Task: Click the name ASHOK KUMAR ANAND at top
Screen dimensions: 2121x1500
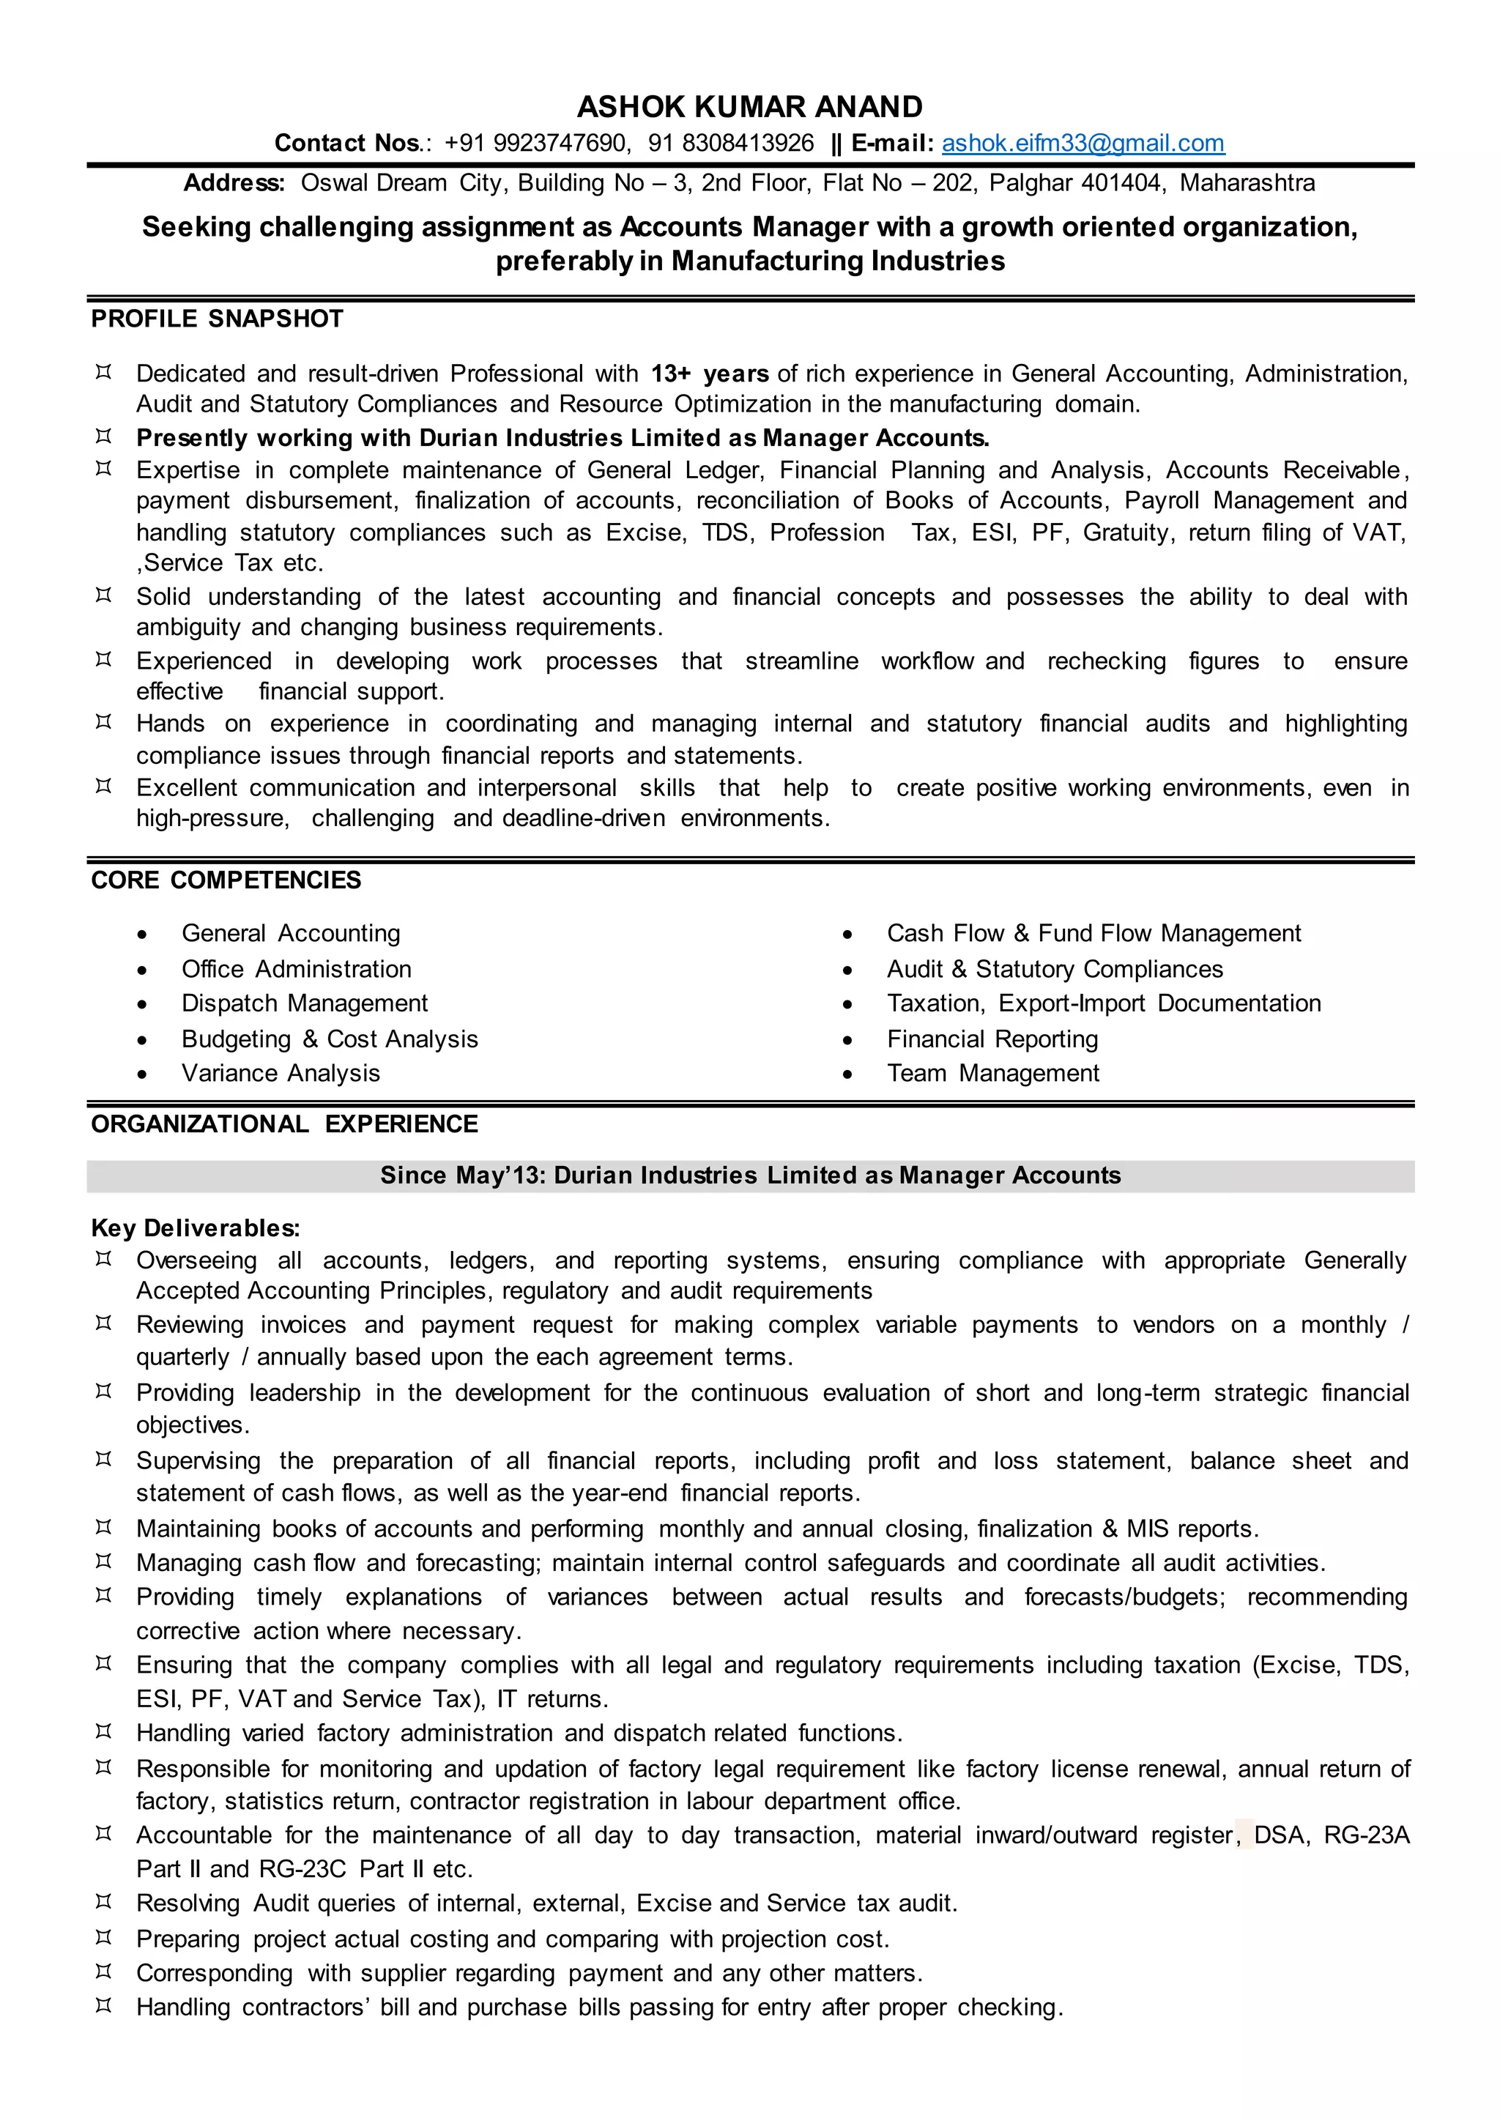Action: [749, 107]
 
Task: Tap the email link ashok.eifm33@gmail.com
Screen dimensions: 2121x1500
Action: [1083, 144]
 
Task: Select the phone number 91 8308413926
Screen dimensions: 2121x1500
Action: [731, 144]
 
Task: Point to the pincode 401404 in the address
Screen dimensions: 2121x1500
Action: [1121, 183]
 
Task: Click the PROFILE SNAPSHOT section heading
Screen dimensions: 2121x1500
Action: [217, 319]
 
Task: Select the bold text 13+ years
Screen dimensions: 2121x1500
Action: [710, 374]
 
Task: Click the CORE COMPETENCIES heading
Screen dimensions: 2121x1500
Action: [226, 880]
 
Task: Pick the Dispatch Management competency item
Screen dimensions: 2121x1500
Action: [304, 1003]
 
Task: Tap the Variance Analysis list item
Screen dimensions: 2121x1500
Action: [281, 1074]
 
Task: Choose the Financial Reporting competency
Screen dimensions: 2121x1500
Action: [992, 1039]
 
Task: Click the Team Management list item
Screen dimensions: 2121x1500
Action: [993, 1074]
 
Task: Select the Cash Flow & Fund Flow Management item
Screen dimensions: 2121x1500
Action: [1094, 933]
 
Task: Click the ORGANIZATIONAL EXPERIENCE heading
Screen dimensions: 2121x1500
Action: [284, 1124]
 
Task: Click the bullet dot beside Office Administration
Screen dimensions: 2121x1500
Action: [141, 970]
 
